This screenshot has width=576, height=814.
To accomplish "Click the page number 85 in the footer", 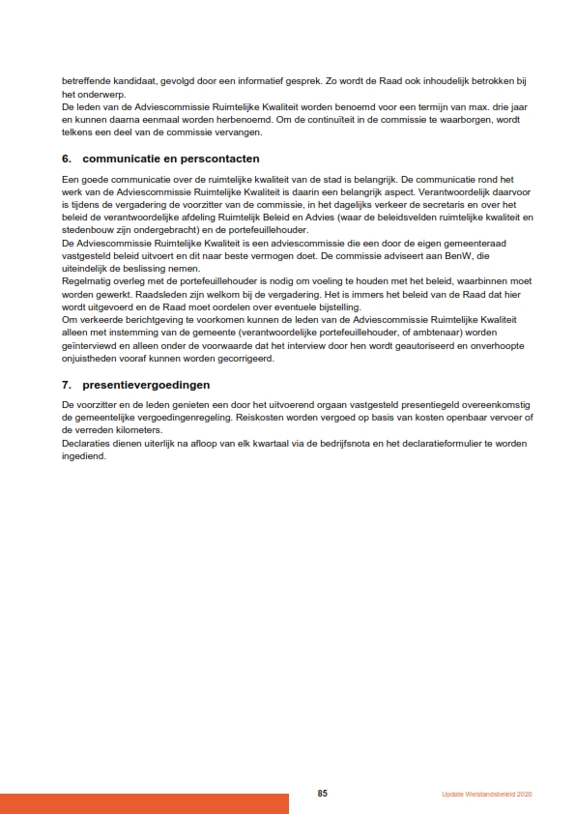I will [x=323, y=794].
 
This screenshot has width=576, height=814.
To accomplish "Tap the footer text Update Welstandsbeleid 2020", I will [x=487, y=795].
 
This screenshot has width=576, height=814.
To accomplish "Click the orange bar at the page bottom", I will [x=144, y=803].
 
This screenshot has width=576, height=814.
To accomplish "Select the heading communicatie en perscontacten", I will [x=171, y=159].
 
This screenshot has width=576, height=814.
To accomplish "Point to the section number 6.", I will [x=67, y=159].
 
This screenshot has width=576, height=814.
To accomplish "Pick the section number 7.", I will [x=67, y=384].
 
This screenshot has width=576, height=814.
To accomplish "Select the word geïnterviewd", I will [x=90, y=345].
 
